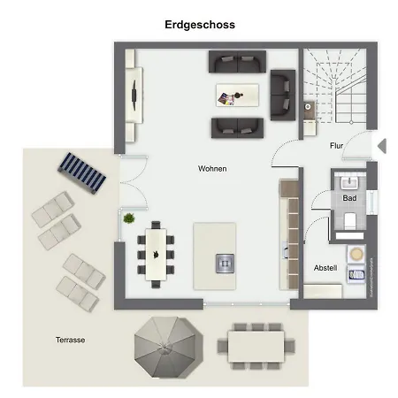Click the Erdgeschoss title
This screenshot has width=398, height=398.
200,25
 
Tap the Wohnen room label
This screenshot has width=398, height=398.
212,169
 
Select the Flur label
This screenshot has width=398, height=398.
336,145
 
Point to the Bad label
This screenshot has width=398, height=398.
349,198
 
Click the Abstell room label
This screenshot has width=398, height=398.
325,268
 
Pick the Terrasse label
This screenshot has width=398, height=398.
70,340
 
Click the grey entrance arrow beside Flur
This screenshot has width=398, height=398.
382,146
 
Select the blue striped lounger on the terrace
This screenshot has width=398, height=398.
81,173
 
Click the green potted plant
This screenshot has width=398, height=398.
129,218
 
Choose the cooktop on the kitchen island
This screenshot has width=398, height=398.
225,264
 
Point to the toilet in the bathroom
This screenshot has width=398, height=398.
350,220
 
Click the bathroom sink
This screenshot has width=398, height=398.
349,182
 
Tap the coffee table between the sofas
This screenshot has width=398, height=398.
237,95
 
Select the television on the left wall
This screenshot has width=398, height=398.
134,95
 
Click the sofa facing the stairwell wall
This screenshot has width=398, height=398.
283,95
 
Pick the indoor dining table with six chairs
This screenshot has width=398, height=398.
156,255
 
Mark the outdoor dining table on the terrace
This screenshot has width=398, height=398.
256,347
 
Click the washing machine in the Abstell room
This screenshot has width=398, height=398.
356,274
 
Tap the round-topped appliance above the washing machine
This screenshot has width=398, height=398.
356,254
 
